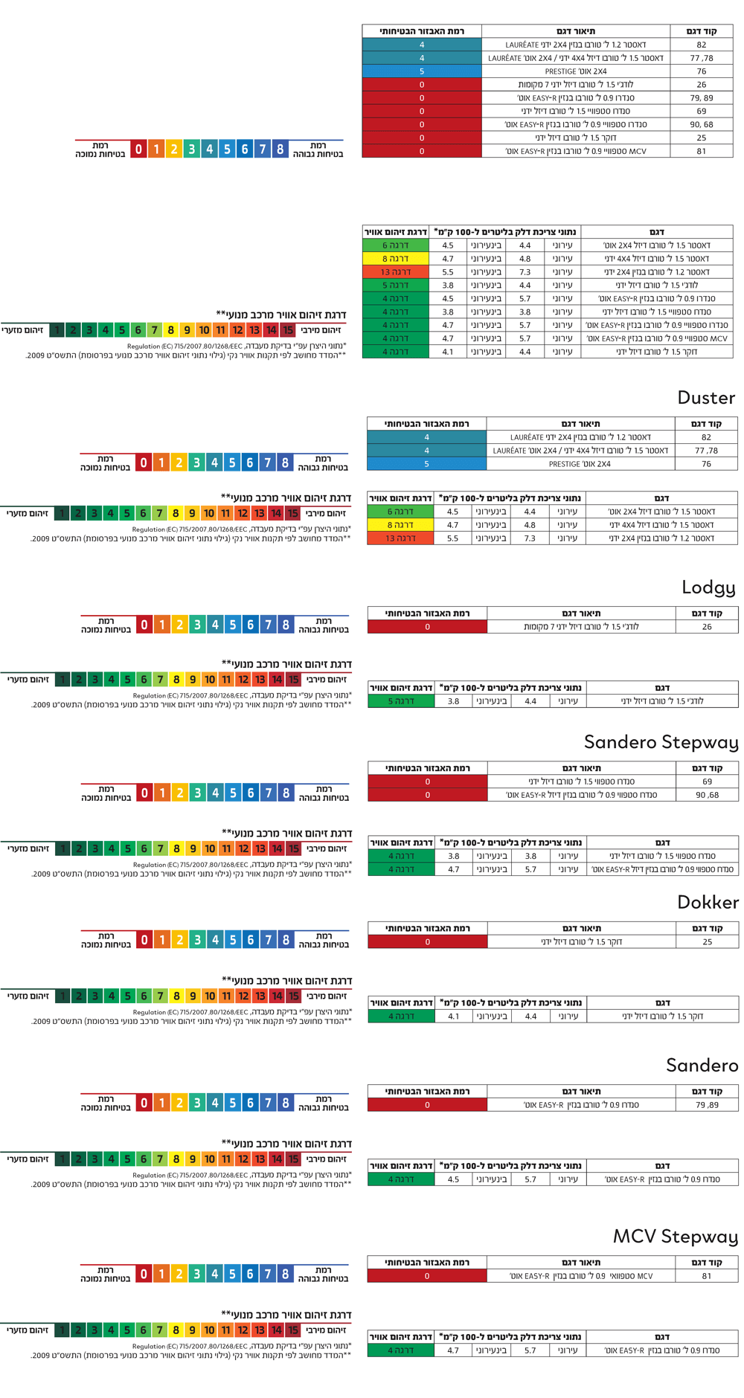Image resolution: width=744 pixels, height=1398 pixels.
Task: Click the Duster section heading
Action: [705, 398]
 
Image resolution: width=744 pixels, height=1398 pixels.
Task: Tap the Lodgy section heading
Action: [708, 587]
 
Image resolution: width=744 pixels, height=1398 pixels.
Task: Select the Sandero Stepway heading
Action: [661, 742]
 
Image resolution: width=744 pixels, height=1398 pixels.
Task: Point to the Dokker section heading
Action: [708, 903]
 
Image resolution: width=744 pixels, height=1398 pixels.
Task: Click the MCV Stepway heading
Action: [675, 1237]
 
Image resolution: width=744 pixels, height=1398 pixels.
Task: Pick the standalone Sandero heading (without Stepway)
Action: [702, 1066]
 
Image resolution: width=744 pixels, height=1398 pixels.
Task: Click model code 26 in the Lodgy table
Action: [707, 627]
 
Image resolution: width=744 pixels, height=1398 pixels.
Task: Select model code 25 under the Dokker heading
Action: [707, 942]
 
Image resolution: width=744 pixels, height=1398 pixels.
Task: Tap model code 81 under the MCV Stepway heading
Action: [706, 1276]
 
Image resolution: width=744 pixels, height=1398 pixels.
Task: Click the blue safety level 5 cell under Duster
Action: [426, 464]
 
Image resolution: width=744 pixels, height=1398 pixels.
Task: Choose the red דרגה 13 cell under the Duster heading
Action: [400, 538]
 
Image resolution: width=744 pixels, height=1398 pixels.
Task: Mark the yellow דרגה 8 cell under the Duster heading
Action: [400, 525]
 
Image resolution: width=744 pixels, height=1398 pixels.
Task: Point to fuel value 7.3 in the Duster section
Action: [530, 538]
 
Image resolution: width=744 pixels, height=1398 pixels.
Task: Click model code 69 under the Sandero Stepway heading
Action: [707, 782]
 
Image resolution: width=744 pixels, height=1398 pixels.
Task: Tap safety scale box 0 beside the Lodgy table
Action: [144, 625]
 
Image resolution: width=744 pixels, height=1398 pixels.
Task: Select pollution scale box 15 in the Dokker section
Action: [294, 996]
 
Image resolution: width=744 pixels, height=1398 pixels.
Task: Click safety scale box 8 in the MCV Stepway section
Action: [285, 1274]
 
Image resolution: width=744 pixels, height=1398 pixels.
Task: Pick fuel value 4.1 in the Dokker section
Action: [453, 1017]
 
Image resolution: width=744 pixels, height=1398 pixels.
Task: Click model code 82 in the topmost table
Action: [702, 45]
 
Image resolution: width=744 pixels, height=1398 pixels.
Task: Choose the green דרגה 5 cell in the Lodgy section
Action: [401, 701]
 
